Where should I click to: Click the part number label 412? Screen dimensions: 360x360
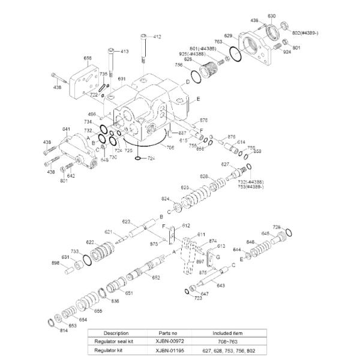tap(157, 37)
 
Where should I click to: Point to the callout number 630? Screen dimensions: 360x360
tap(271, 16)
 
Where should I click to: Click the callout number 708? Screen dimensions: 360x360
tap(171, 147)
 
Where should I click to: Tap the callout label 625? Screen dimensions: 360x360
tap(185, 188)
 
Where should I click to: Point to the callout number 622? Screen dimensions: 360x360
tap(89, 242)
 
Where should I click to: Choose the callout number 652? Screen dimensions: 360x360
tap(155, 277)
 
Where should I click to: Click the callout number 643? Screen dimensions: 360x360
tap(221, 285)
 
